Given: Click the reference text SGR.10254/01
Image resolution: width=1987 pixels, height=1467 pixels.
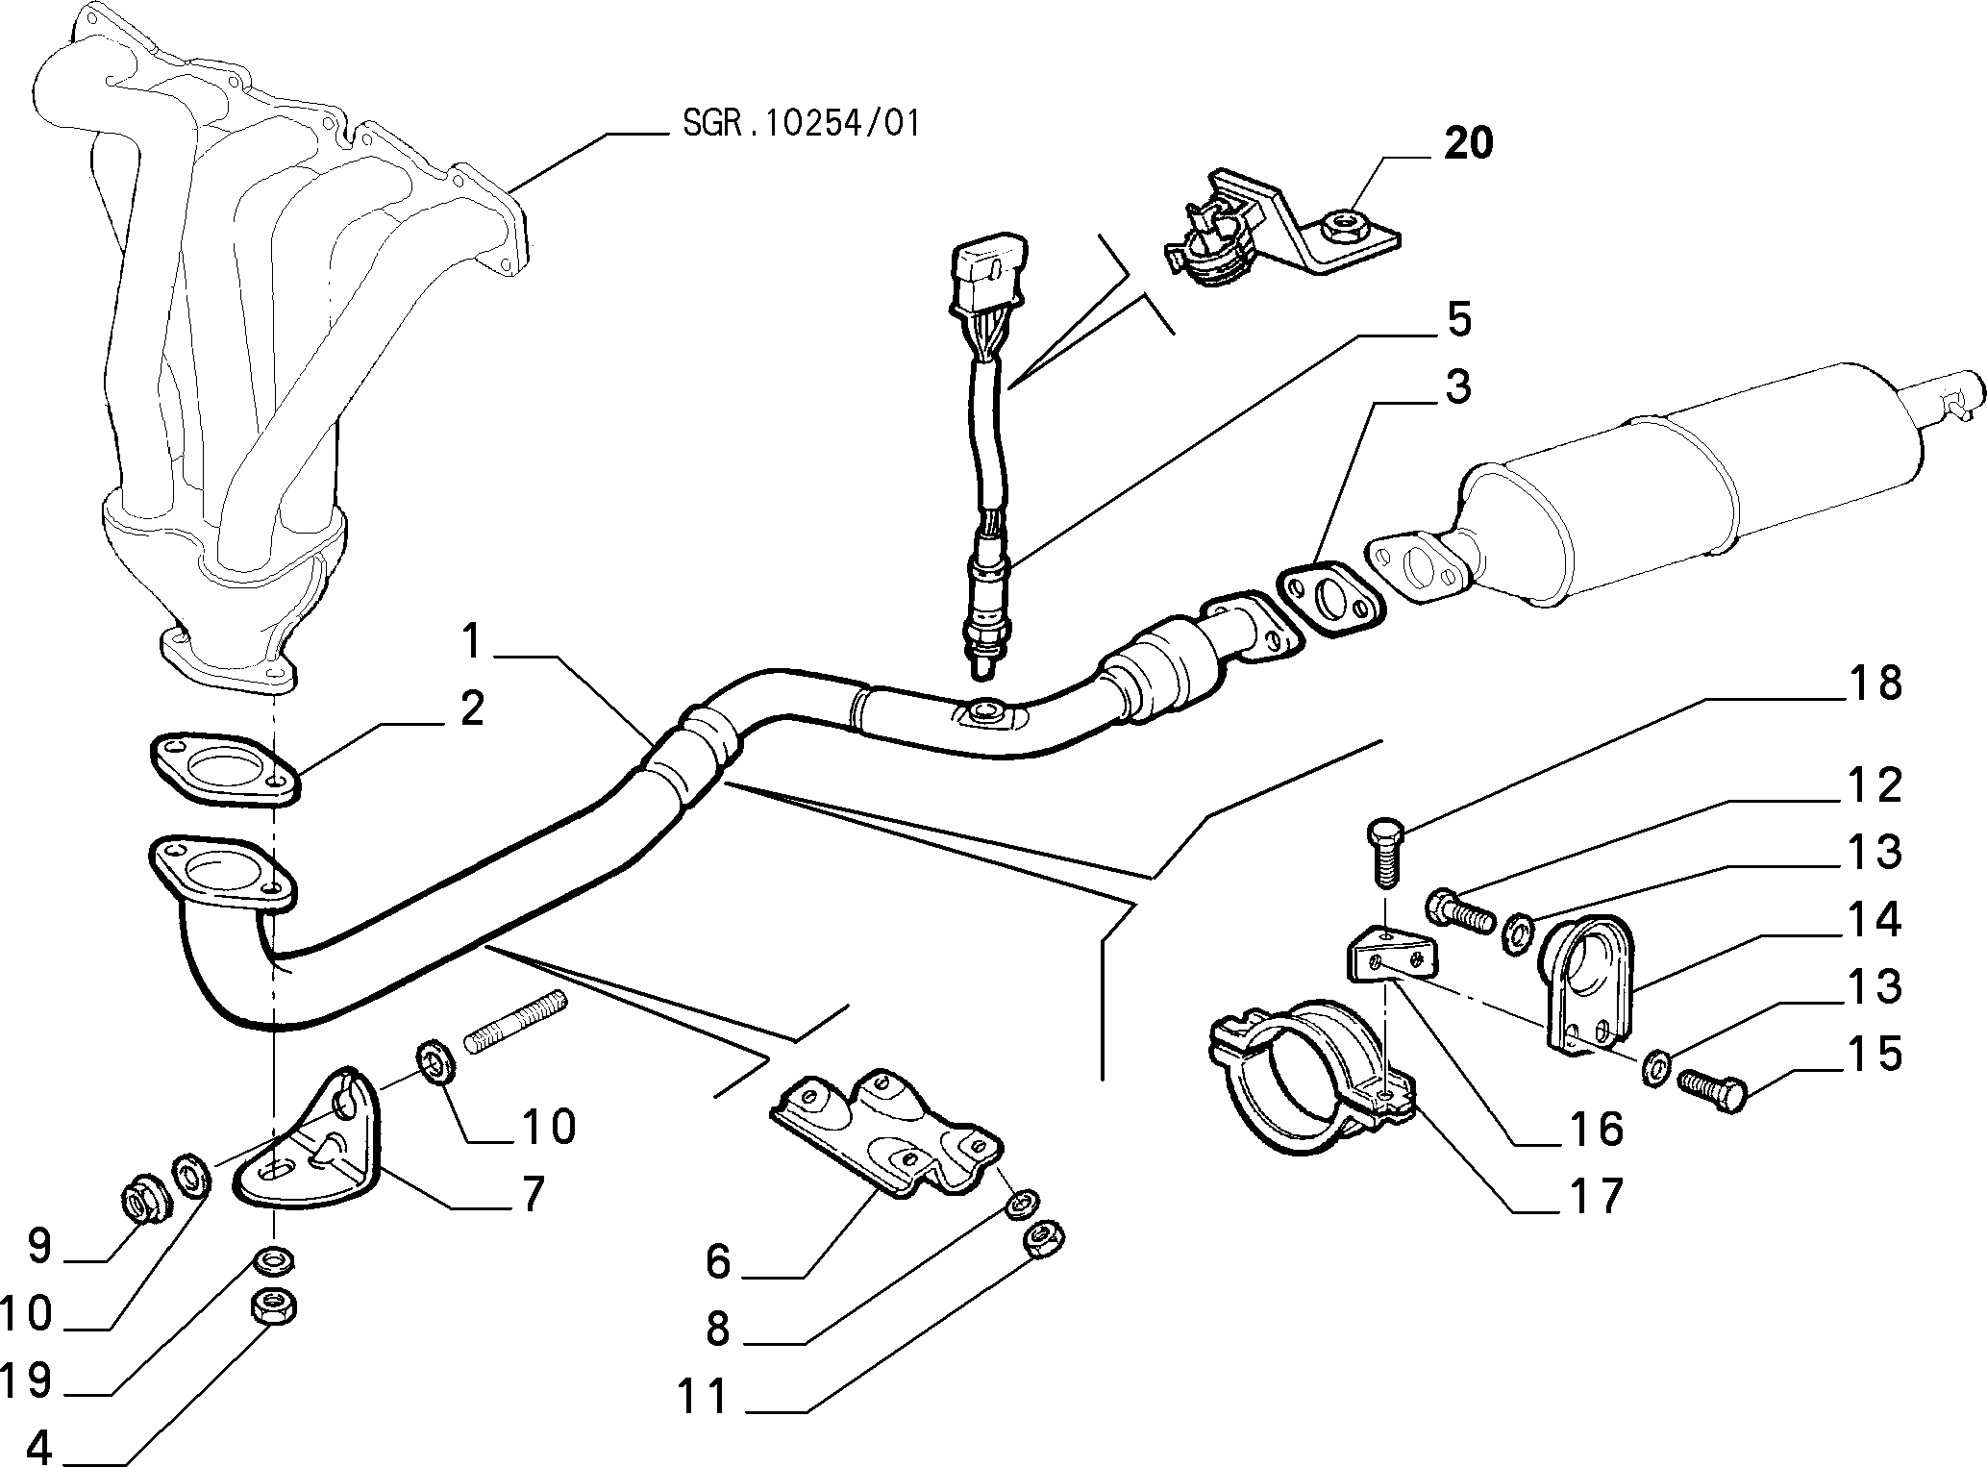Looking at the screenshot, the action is pos(801,123).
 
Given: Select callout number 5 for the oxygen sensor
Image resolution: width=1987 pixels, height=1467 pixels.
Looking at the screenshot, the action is pos(1458,319).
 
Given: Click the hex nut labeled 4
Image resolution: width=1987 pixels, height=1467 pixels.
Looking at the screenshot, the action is pos(273,1307).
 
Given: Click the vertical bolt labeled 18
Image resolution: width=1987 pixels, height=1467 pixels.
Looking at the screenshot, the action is pos(1383,853).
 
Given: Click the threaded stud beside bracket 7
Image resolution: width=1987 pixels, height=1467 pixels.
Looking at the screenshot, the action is pos(517,1022).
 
